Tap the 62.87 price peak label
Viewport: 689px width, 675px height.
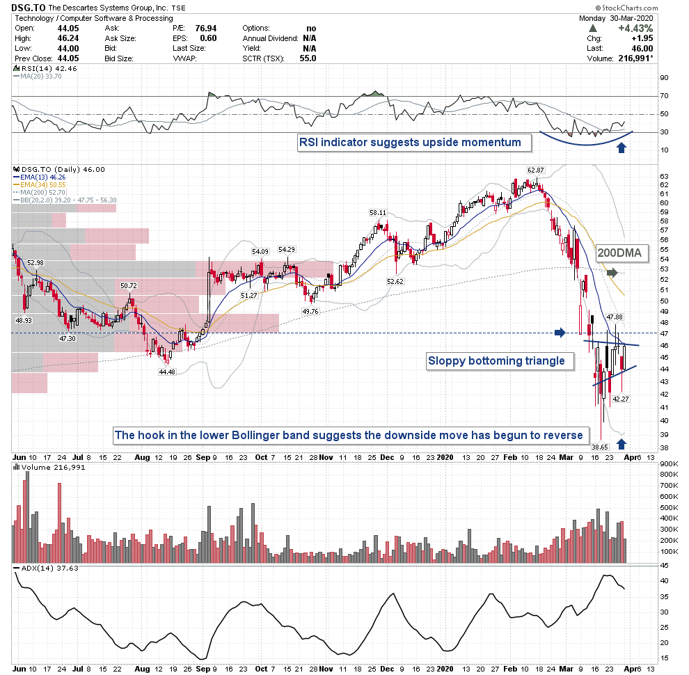pyautogui.click(x=534, y=169)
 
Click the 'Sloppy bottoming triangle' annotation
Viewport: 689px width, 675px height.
pyautogui.click(x=500, y=360)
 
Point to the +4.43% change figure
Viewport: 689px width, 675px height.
pyautogui.click(x=640, y=28)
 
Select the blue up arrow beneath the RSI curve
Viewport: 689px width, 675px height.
pyautogui.click(x=621, y=147)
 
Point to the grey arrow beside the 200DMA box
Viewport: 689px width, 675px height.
pyautogui.click(x=610, y=273)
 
